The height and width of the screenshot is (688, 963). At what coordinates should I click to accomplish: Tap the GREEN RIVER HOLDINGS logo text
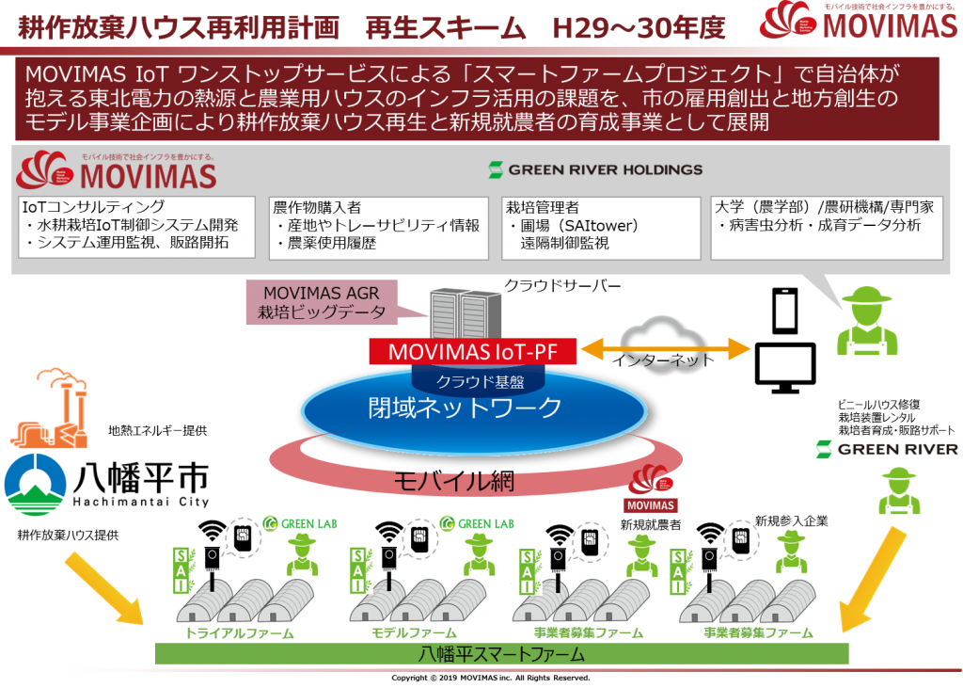pos(595,169)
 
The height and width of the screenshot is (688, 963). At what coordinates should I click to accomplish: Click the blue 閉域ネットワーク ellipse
pos(473,408)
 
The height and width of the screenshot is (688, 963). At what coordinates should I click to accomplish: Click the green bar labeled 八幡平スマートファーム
pos(501,653)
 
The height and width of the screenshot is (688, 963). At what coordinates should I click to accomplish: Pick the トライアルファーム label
pos(240,633)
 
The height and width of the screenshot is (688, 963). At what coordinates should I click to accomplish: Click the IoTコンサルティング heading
pos(94,206)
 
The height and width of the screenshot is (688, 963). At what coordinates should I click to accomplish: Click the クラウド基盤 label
pos(473,381)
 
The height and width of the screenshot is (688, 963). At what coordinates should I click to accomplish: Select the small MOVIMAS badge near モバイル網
pos(651,493)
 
